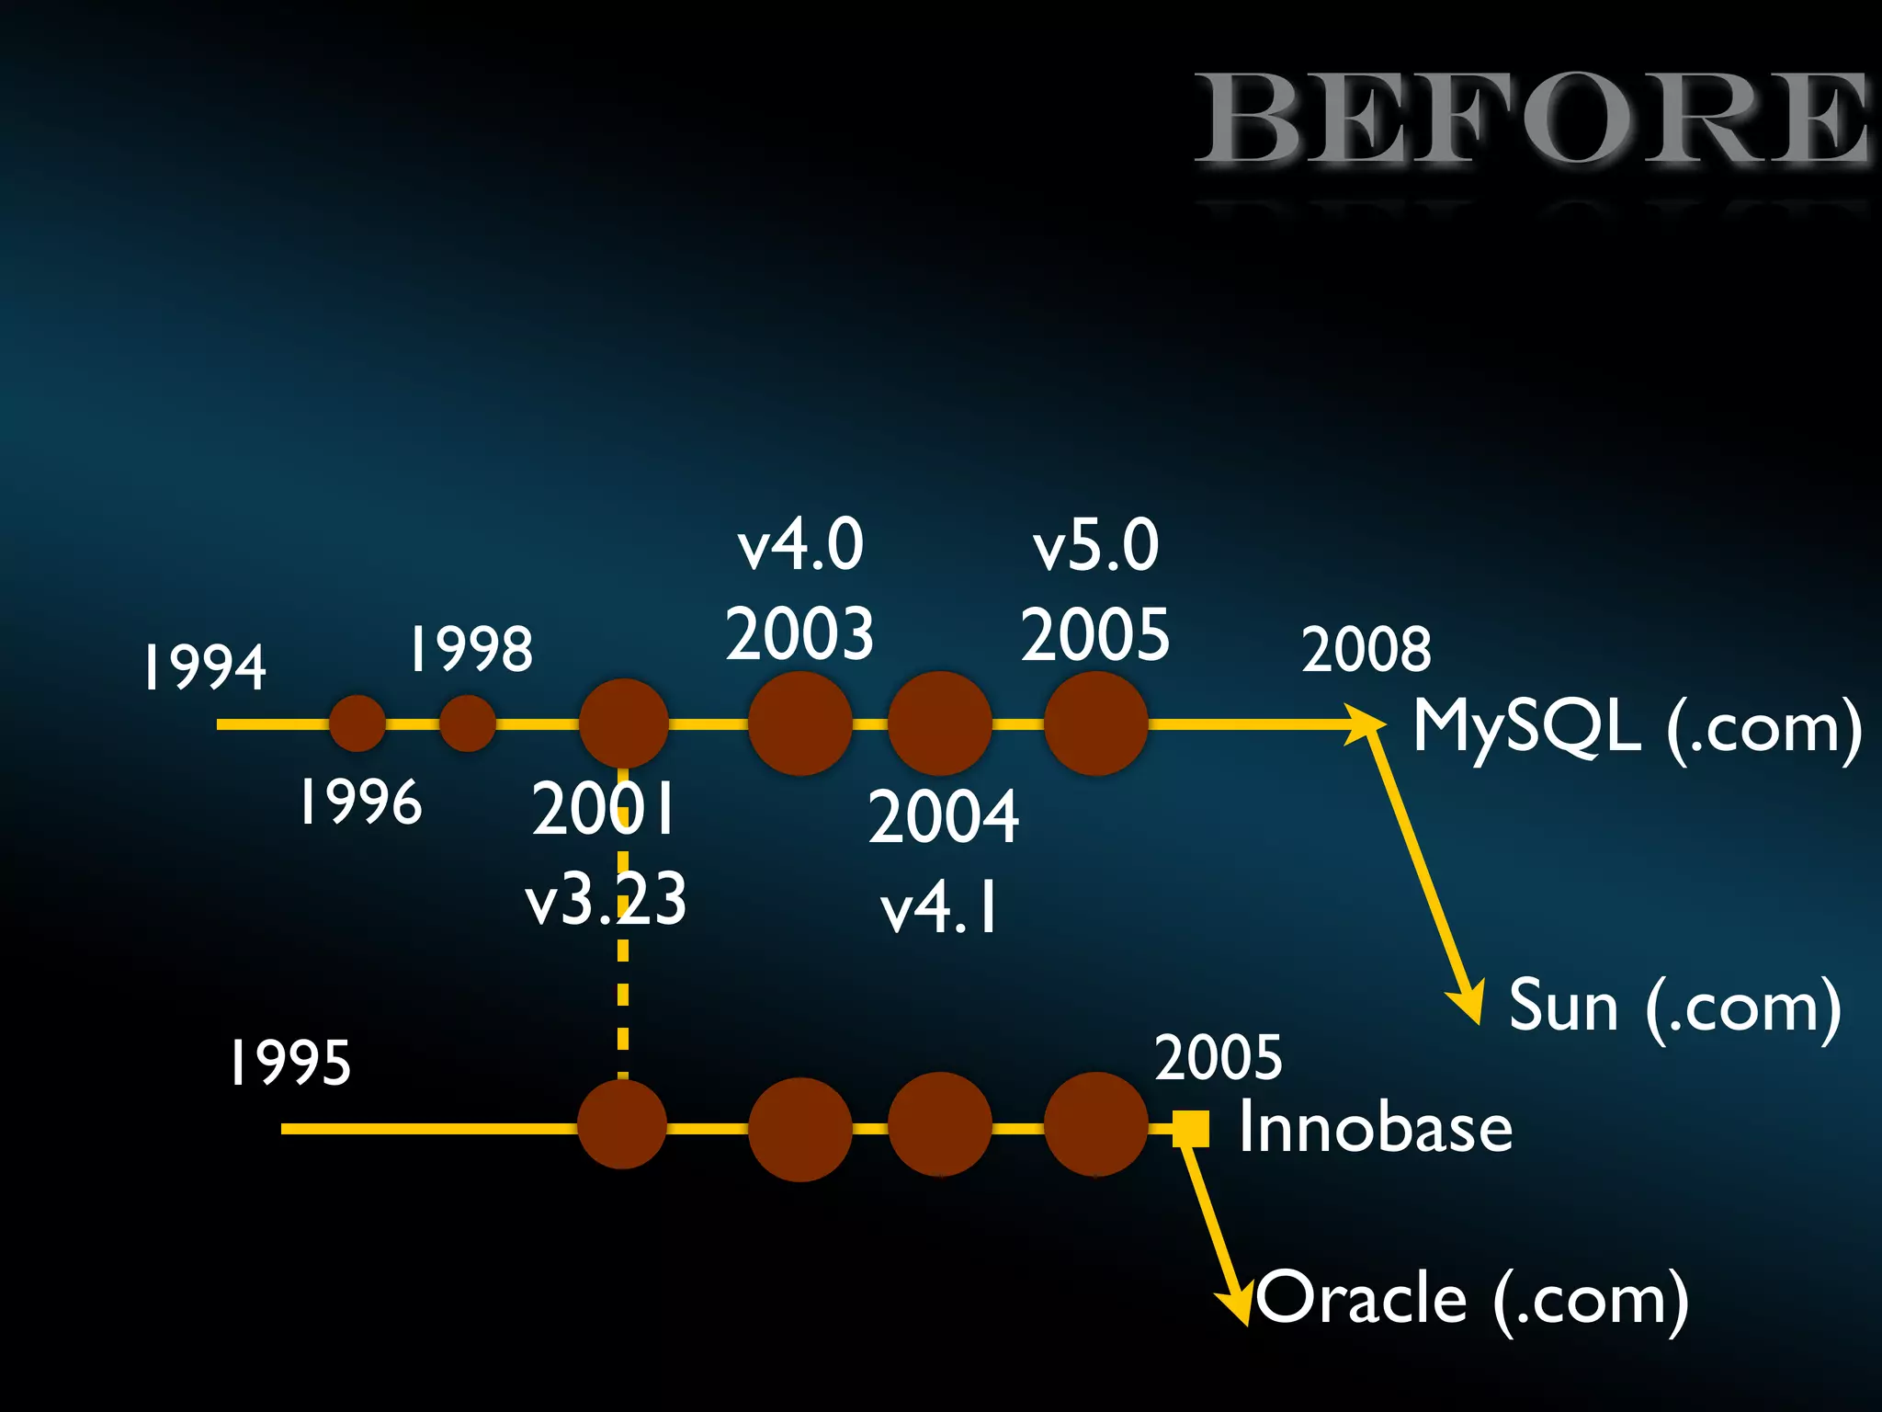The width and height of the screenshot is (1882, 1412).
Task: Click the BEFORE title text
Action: (x=1533, y=120)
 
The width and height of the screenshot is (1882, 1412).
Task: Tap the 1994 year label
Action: (x=204, y=666)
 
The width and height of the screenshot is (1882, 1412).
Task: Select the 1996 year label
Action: (x=360, y=802)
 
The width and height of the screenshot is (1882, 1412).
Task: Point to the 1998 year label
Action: (x=470, y=649)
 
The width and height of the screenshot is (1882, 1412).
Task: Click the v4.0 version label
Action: (x=800, y=544)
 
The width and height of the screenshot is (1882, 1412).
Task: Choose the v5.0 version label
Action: (x=1095, y=544)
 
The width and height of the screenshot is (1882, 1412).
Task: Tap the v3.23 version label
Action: (x=606, y=899)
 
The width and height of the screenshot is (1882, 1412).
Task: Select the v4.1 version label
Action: (x=939, y=908)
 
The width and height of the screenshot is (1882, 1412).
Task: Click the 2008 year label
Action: (x=1366, y=649)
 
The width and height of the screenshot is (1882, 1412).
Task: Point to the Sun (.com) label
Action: (x=1674, y=1008)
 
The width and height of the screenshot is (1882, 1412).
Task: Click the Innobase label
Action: (x=1375, y=1128)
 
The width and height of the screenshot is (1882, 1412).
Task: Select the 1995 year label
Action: (x=289, y=1064)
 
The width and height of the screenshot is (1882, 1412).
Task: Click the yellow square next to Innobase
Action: (x=1191, y=1128)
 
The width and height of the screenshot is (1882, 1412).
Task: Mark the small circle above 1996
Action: (x=357, y=723)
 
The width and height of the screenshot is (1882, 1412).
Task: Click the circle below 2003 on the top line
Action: (x=799, y=723)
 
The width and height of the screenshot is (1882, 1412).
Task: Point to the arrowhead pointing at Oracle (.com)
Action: (x=1237, y=1304)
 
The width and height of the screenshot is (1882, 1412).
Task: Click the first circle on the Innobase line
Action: (x=622, y=1124)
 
